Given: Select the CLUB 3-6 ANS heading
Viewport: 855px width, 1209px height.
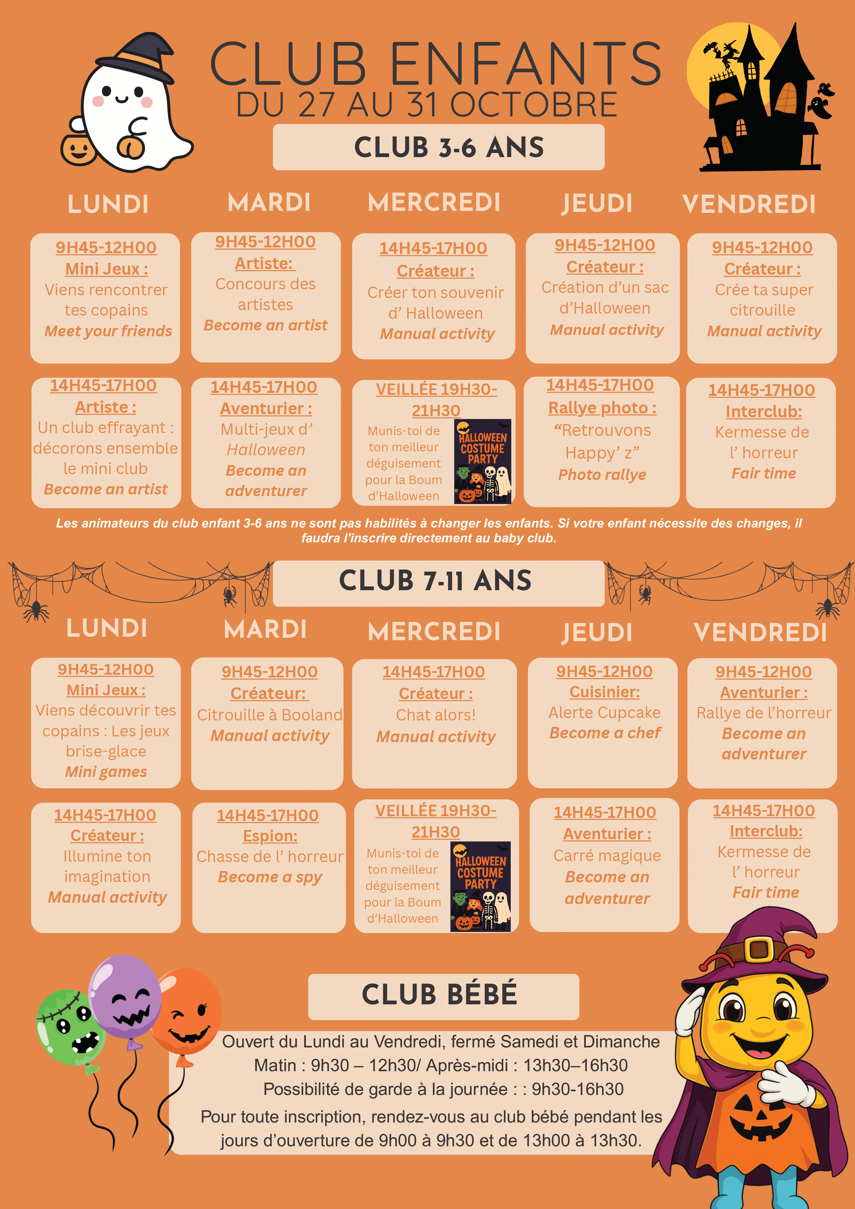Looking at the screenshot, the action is tap(449, 147).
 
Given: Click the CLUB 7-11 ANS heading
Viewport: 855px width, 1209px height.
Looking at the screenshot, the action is tap(435, 581).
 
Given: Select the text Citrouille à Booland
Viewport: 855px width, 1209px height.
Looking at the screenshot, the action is tap(270, 715).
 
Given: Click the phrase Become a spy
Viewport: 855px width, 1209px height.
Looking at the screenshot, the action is tap(270, 877).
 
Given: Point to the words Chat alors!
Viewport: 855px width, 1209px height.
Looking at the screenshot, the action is tap(436, 715).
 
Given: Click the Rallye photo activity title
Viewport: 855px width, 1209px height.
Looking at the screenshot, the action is tap(602, 408).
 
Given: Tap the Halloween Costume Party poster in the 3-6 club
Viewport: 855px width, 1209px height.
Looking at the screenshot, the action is tap(482, 461).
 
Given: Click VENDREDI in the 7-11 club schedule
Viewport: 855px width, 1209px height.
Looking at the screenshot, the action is tap(760, 633).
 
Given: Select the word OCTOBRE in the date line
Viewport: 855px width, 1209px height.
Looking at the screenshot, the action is tap(534, 105).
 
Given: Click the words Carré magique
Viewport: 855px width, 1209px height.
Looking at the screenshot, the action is tap(607, 856).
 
